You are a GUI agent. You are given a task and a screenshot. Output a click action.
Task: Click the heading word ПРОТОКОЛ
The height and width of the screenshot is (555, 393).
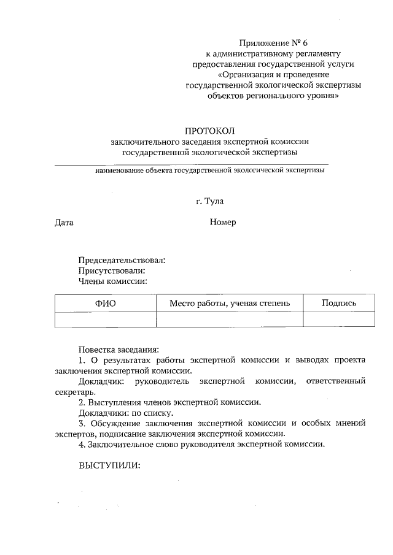click(210, 131)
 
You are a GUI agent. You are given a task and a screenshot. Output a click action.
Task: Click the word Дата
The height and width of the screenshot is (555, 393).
click(64, 223)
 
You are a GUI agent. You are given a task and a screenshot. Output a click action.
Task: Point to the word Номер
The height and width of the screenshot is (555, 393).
click(222, 223)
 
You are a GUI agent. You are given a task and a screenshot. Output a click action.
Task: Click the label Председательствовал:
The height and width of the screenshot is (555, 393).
click(122, 260)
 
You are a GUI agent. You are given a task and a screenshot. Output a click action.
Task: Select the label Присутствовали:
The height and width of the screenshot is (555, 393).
click(112, 270)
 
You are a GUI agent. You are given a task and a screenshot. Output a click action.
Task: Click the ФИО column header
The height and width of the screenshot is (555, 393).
click(105, 303)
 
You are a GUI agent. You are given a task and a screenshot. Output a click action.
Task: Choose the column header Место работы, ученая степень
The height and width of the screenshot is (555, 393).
click(230, 303)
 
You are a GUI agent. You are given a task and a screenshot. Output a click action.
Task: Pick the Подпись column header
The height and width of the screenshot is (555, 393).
click(338, 303)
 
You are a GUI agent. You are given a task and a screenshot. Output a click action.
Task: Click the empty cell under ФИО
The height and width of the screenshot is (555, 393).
click(105, 320)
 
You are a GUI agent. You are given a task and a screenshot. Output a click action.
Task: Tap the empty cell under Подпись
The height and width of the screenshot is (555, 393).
click(338, 320)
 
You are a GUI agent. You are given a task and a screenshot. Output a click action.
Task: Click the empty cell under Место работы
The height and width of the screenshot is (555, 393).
click(230, 320)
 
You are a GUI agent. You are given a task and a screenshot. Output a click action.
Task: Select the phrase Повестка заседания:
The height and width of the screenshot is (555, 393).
click(119, 348)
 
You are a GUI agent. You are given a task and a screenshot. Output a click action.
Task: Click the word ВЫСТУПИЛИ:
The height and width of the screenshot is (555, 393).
click(109, 465)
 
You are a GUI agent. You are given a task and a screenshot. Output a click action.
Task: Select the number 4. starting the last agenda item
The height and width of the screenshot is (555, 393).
click(82, 444)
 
